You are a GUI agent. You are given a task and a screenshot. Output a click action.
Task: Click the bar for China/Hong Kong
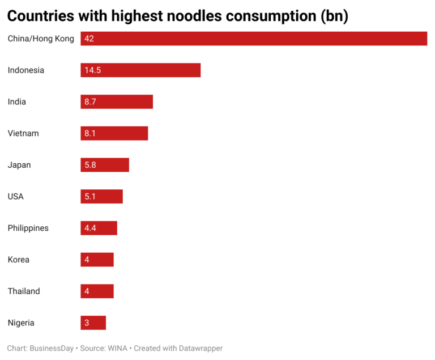tap(254, 39)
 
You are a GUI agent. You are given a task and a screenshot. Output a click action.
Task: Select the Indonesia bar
tap(140, 70)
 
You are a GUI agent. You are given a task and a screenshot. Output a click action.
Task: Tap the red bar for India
tap(117, 102)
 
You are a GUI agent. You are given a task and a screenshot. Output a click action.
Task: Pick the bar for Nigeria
tap(93, 323)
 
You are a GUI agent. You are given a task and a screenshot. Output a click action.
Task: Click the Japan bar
tap(105, 165)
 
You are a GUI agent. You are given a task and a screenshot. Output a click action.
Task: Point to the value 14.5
tap(92, 70)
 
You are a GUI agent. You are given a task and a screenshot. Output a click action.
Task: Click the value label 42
tap(88, 39)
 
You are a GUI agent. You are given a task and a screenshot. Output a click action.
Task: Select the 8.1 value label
tap(90, 133)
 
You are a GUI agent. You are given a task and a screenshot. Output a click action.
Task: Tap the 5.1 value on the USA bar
tap(90, 197)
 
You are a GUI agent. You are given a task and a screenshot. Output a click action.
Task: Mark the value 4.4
tap(90, 228)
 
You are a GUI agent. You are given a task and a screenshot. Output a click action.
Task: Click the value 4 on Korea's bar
tap(87, 260)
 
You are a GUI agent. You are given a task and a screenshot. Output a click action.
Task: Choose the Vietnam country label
tap(23, 133)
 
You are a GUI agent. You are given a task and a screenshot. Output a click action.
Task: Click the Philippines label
tap(28, 228)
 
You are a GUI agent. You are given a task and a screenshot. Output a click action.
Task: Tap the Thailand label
tap(24, 291)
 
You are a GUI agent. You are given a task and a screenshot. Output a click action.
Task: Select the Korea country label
tap(18, 260)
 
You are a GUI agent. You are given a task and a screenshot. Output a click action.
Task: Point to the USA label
tap(16, 197)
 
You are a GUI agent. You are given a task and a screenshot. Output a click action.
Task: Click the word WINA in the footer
tap(117, 348)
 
